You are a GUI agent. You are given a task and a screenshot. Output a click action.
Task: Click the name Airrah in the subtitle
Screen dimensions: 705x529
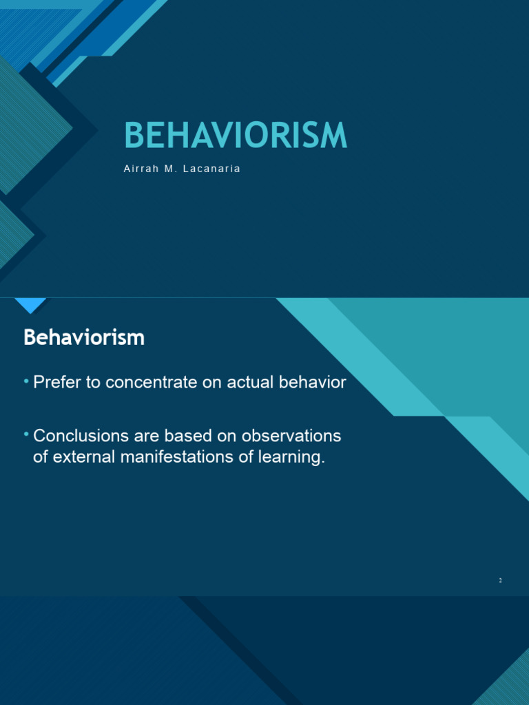[x=141, y=169]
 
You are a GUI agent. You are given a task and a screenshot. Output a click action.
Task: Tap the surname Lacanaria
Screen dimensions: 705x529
[x=213, y=169]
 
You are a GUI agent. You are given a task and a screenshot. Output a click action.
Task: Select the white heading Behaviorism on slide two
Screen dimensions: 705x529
[x=84, y=337]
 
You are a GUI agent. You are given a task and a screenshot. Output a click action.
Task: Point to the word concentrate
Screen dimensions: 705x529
[x=149, y=383]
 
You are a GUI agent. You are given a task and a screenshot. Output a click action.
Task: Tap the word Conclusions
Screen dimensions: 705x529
[x=82, y=436]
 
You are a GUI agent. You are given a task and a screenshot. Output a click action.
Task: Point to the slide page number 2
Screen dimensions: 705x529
[x=501, y=581]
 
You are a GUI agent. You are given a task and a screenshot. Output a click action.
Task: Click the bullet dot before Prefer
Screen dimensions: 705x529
[x=26, y=381]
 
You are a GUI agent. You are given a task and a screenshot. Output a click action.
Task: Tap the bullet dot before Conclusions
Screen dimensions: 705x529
[x=26, y=434]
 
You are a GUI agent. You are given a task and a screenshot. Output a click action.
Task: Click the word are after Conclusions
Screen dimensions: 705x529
[x=152, y=436]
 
